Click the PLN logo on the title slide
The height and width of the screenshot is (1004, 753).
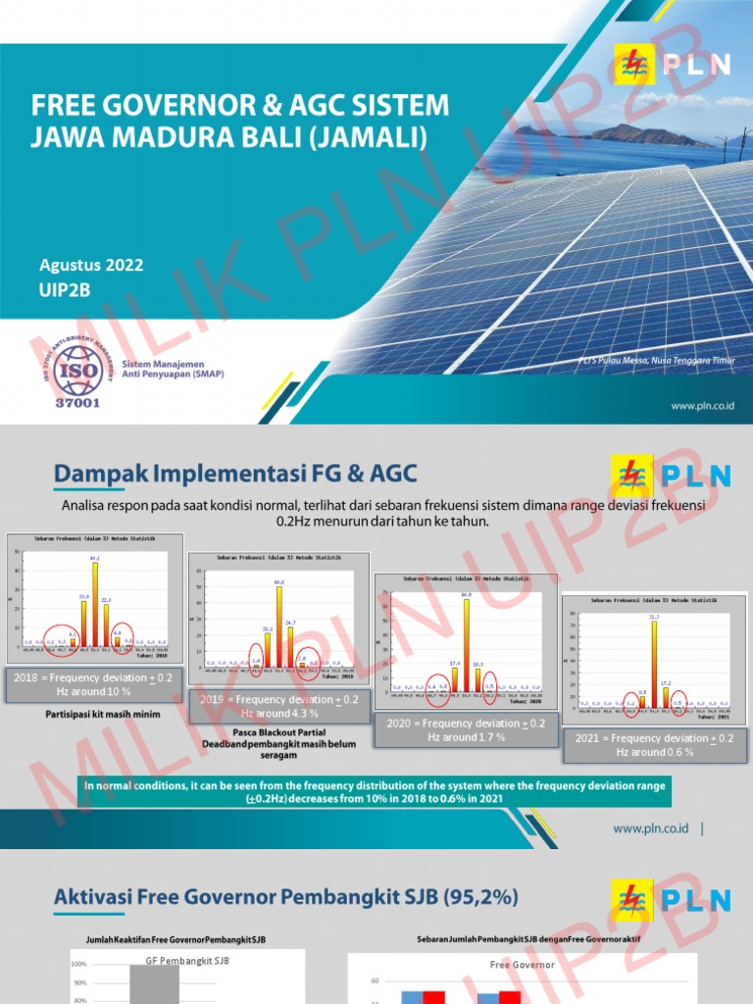click(672, 65)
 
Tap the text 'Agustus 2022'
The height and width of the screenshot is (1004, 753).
click(91, 265)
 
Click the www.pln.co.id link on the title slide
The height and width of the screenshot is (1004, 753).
click(703, 404)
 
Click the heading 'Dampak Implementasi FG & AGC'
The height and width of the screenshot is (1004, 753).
click(235, 475)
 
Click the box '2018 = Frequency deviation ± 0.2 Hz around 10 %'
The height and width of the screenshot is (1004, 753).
click(95, 685)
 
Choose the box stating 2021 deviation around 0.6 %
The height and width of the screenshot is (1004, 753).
click(654, 745)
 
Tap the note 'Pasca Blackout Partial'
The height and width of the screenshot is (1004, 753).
click(280, 732)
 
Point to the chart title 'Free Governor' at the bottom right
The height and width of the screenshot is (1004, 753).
click(522, 965)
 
